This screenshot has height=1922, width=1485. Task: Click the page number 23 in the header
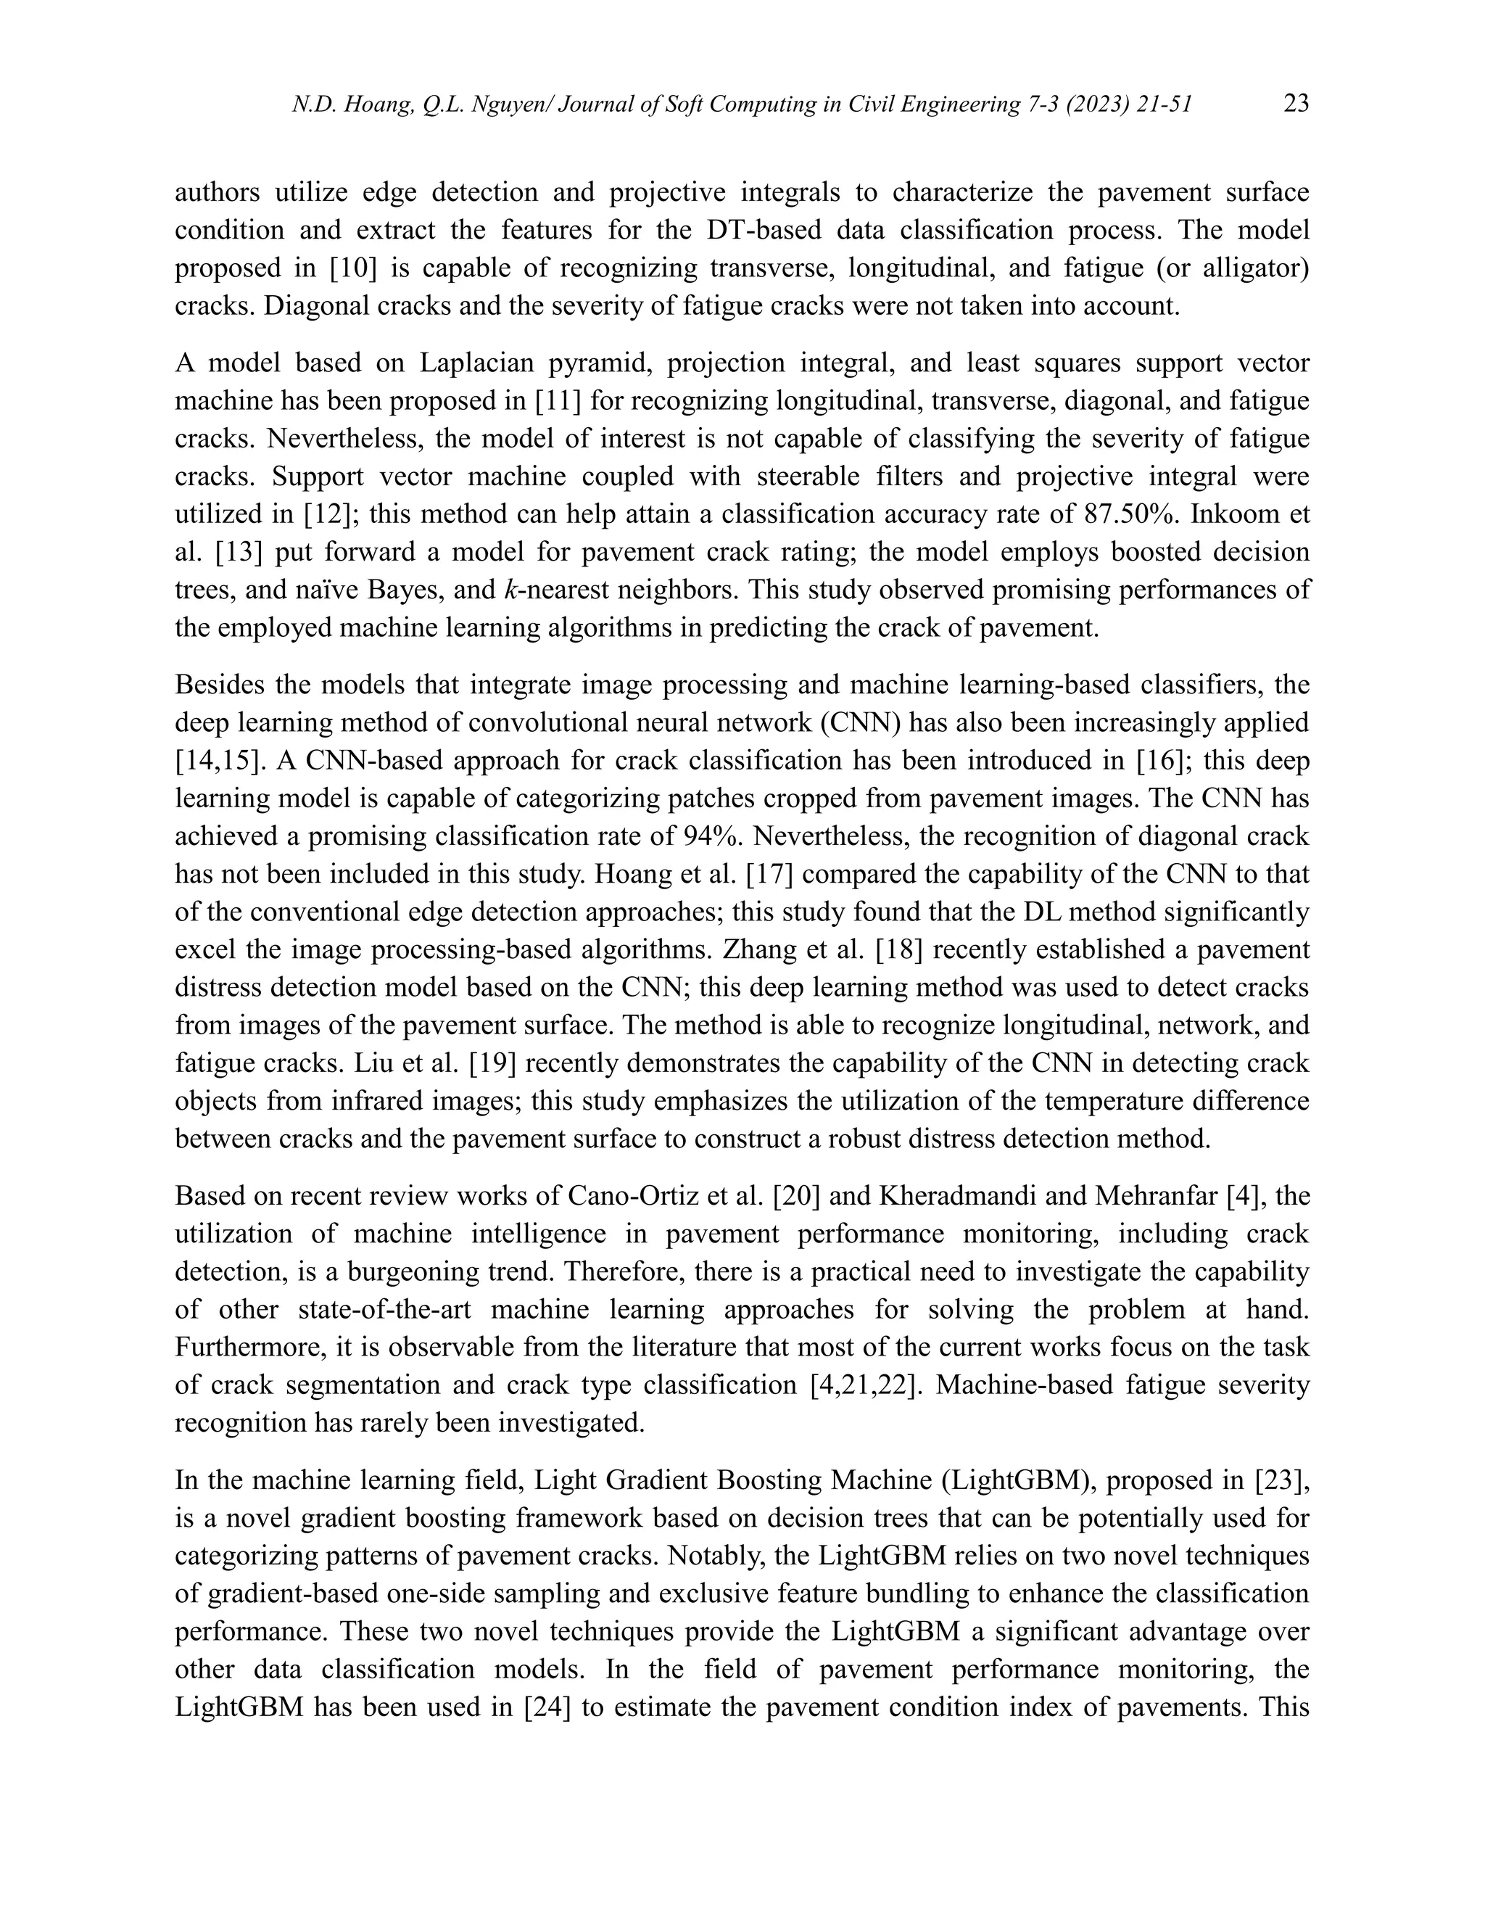1296,104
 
